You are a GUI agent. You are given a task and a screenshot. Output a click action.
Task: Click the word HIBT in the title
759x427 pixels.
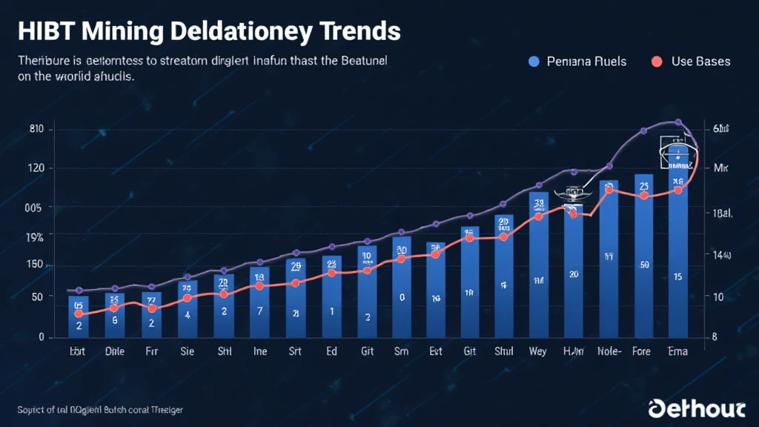[47, 32]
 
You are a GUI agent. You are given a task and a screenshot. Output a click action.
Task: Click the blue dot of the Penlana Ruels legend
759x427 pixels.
[534, 62]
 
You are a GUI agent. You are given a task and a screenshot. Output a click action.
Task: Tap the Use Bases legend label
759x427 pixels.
[700, 62]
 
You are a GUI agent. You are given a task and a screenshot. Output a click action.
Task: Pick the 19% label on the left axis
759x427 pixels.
[35, 237]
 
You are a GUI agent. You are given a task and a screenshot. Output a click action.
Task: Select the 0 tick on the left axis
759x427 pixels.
[41, 337]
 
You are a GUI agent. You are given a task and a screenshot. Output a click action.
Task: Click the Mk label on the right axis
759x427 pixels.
[721, 168]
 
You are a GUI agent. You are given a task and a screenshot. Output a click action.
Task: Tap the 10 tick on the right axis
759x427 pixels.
[717, 297]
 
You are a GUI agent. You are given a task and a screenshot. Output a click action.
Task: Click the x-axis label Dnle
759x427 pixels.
[115, 352]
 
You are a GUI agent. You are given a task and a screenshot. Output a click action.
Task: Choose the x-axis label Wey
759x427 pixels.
[538, 352]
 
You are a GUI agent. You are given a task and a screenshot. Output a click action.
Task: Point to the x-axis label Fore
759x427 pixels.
[642, 352]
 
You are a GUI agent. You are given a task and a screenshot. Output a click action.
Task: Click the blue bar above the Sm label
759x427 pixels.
[401, 289]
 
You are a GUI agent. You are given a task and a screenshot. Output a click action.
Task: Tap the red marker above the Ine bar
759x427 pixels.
[259, 285]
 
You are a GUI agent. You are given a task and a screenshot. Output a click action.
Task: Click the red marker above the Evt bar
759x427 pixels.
[436, 254]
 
